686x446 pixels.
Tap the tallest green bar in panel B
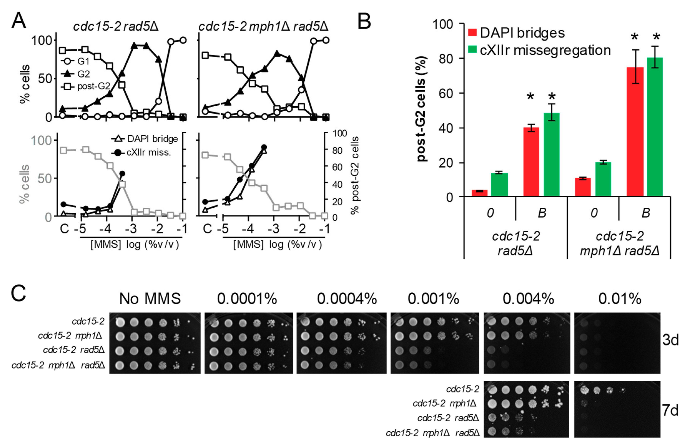pos(655,127)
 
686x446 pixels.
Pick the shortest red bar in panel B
pos(479,193)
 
